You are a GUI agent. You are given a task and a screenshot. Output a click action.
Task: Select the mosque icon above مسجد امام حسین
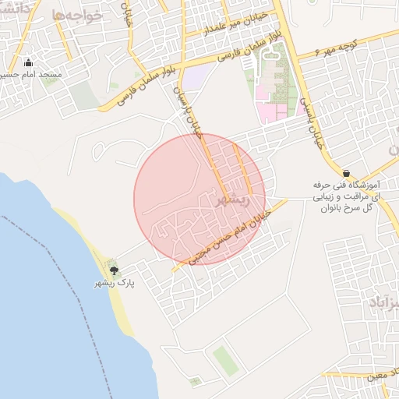pyautogui.click(x=30, y=63)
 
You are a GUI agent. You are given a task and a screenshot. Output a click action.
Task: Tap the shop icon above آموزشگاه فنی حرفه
pyautogui.click(x=346, y=172)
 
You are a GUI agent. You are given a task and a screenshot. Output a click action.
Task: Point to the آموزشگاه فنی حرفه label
pyautogui.click(x=345, y=188)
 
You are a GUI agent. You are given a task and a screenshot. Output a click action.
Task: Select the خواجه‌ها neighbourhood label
pyautogui.click(x=78, y=16)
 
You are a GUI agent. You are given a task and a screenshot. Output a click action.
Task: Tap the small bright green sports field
pyautogui.click(x=224, y=359)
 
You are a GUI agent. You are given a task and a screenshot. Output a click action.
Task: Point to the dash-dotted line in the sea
pyautogui.click(x=47, y=257)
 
